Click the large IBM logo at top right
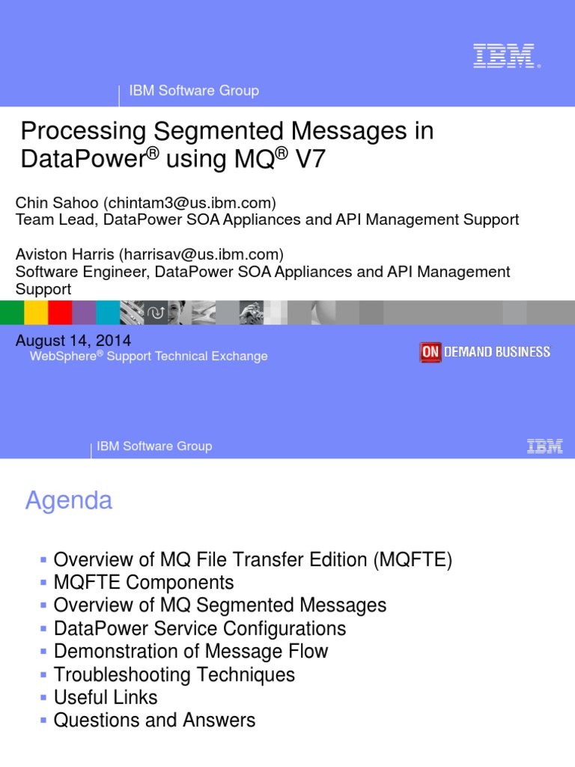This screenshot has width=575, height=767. pyautogui.click(x=504, y=56)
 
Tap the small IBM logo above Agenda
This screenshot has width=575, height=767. pyautogui.click(x=544, y=447)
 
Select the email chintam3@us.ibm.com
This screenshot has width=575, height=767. pyautogui.click(x=189, y=203)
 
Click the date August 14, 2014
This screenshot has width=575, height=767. pyautogui.click(x=73, y=341)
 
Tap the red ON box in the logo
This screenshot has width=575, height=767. pyautogui.click(x=430, y=352)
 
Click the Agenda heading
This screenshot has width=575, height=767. pyautogui.click(x=69, y=500)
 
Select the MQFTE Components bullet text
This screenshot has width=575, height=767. pyautogui.click(x=144, y=582)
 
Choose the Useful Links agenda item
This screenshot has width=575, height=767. pyautogui.click(x=106, y=697)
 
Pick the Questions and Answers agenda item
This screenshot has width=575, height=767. pyautogui.click(x=154, y=721)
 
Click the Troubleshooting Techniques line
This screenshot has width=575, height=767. pyautogui.click(x=174, y=674)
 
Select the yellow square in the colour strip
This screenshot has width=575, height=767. pyautogui.click(x=36, y=312)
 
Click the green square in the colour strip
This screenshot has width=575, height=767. pyautogui.click(x=12, y=312)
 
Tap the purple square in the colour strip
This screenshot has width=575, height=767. pyautogui.click(x=84, y=312)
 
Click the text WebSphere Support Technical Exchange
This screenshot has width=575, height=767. pyautogui.click(x=148, y=357)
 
